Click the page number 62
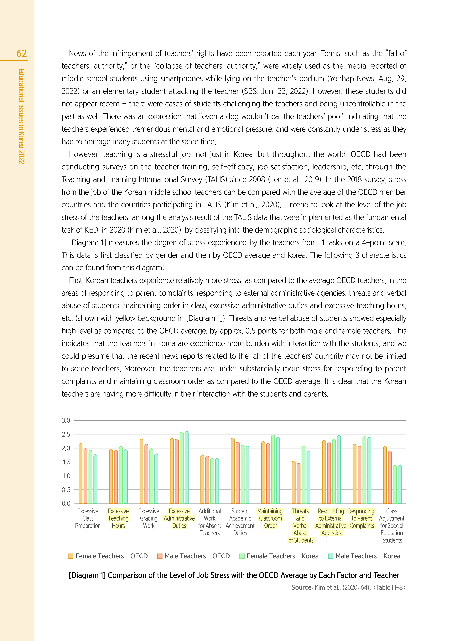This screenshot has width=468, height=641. point(22,53)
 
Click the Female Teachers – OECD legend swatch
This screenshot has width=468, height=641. point(70,556)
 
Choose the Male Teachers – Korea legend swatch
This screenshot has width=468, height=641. point(330,556)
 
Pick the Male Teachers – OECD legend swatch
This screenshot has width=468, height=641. point(160,556)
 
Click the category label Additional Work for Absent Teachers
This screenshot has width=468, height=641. point(210,522)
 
